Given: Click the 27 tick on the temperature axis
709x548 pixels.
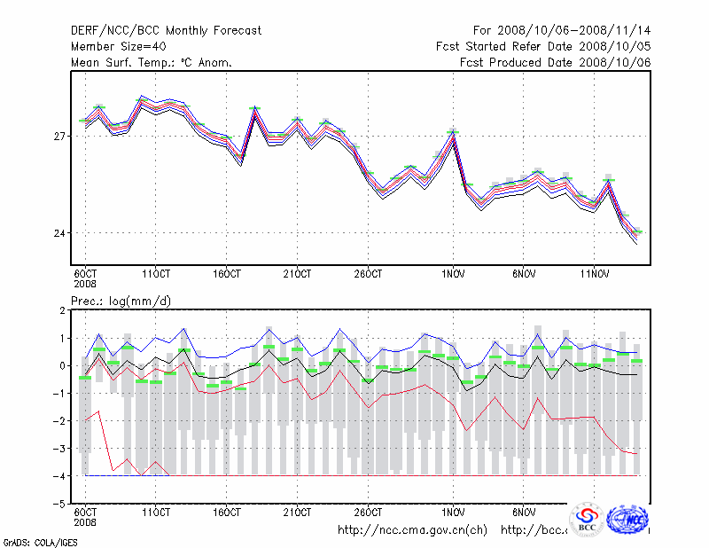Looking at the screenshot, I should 58,136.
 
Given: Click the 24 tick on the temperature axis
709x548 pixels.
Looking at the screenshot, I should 58,233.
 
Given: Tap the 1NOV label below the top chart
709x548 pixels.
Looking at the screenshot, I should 453,272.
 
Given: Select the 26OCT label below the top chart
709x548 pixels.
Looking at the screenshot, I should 369,272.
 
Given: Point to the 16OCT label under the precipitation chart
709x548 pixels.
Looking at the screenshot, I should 227,513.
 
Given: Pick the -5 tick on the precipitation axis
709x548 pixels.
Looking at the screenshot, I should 59,504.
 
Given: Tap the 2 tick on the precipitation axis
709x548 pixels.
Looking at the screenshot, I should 62,310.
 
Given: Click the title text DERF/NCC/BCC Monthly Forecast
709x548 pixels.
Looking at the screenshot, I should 166,31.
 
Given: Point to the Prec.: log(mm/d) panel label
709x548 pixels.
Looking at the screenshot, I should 121,301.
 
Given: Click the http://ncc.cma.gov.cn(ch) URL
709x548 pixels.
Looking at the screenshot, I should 413,530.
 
